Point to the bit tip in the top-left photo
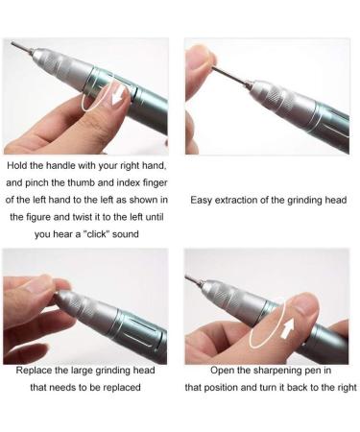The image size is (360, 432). tap(13, 43)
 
